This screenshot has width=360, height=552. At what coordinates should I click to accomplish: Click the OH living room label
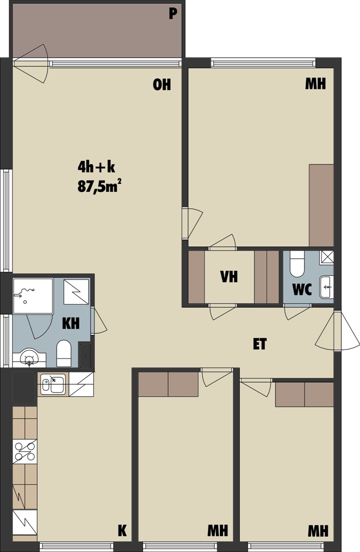(162, 85)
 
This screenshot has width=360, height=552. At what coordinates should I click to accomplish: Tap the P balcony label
(172, 13)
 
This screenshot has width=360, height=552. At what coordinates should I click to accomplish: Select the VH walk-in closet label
(229, 277)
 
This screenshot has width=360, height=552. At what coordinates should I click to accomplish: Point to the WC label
(302, 289)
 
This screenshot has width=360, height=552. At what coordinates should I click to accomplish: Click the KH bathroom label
(71, 323)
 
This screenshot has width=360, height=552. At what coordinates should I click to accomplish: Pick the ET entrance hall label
(260, 344)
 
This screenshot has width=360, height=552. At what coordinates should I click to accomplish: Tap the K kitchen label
(122, 530)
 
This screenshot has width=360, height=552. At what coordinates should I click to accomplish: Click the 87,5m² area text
(97, 187)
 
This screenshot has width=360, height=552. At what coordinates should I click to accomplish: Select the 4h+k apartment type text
(96, 167)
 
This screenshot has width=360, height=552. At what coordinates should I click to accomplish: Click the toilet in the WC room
(297, 264)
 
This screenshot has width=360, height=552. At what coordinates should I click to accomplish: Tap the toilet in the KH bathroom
(64, 353)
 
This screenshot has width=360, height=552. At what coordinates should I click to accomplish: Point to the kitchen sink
(53, 384)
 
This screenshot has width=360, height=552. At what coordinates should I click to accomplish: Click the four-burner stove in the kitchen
(25, 451)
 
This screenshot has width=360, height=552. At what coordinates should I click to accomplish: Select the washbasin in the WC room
(326, 287)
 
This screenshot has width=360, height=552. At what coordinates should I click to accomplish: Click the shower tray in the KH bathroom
(33, 296)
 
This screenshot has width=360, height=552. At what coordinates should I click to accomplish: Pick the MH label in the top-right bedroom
(315, 84)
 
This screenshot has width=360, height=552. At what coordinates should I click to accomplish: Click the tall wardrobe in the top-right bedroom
(321, 205)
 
